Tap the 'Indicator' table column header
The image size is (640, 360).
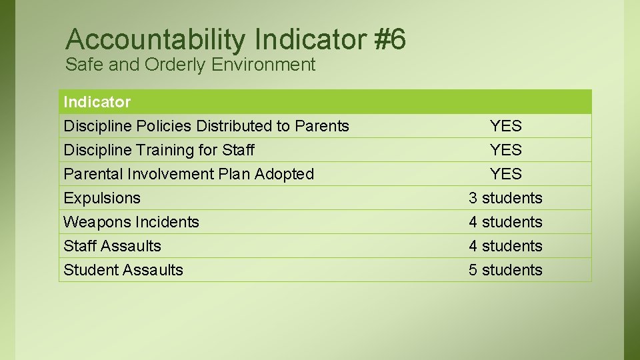[97, 102]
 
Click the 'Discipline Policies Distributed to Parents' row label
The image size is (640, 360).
[206, 126]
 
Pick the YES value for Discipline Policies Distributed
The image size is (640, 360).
[505, 126]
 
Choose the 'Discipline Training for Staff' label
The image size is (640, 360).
[159, 150]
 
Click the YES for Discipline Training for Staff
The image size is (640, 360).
[505, 150]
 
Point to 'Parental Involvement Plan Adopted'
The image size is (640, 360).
[189, 174]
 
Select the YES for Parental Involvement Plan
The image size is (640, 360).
[505, 174]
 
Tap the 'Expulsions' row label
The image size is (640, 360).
[102, 198]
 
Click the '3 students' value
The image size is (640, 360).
[505, 198]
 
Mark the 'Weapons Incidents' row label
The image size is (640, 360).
[131, 222]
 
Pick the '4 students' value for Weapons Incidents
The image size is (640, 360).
[505, 222]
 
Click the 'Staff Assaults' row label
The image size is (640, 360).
[112, 246]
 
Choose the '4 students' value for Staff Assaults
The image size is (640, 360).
[505, 246]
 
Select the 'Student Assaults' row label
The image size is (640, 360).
[123, 270]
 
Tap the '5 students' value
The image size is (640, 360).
[505, 270]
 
